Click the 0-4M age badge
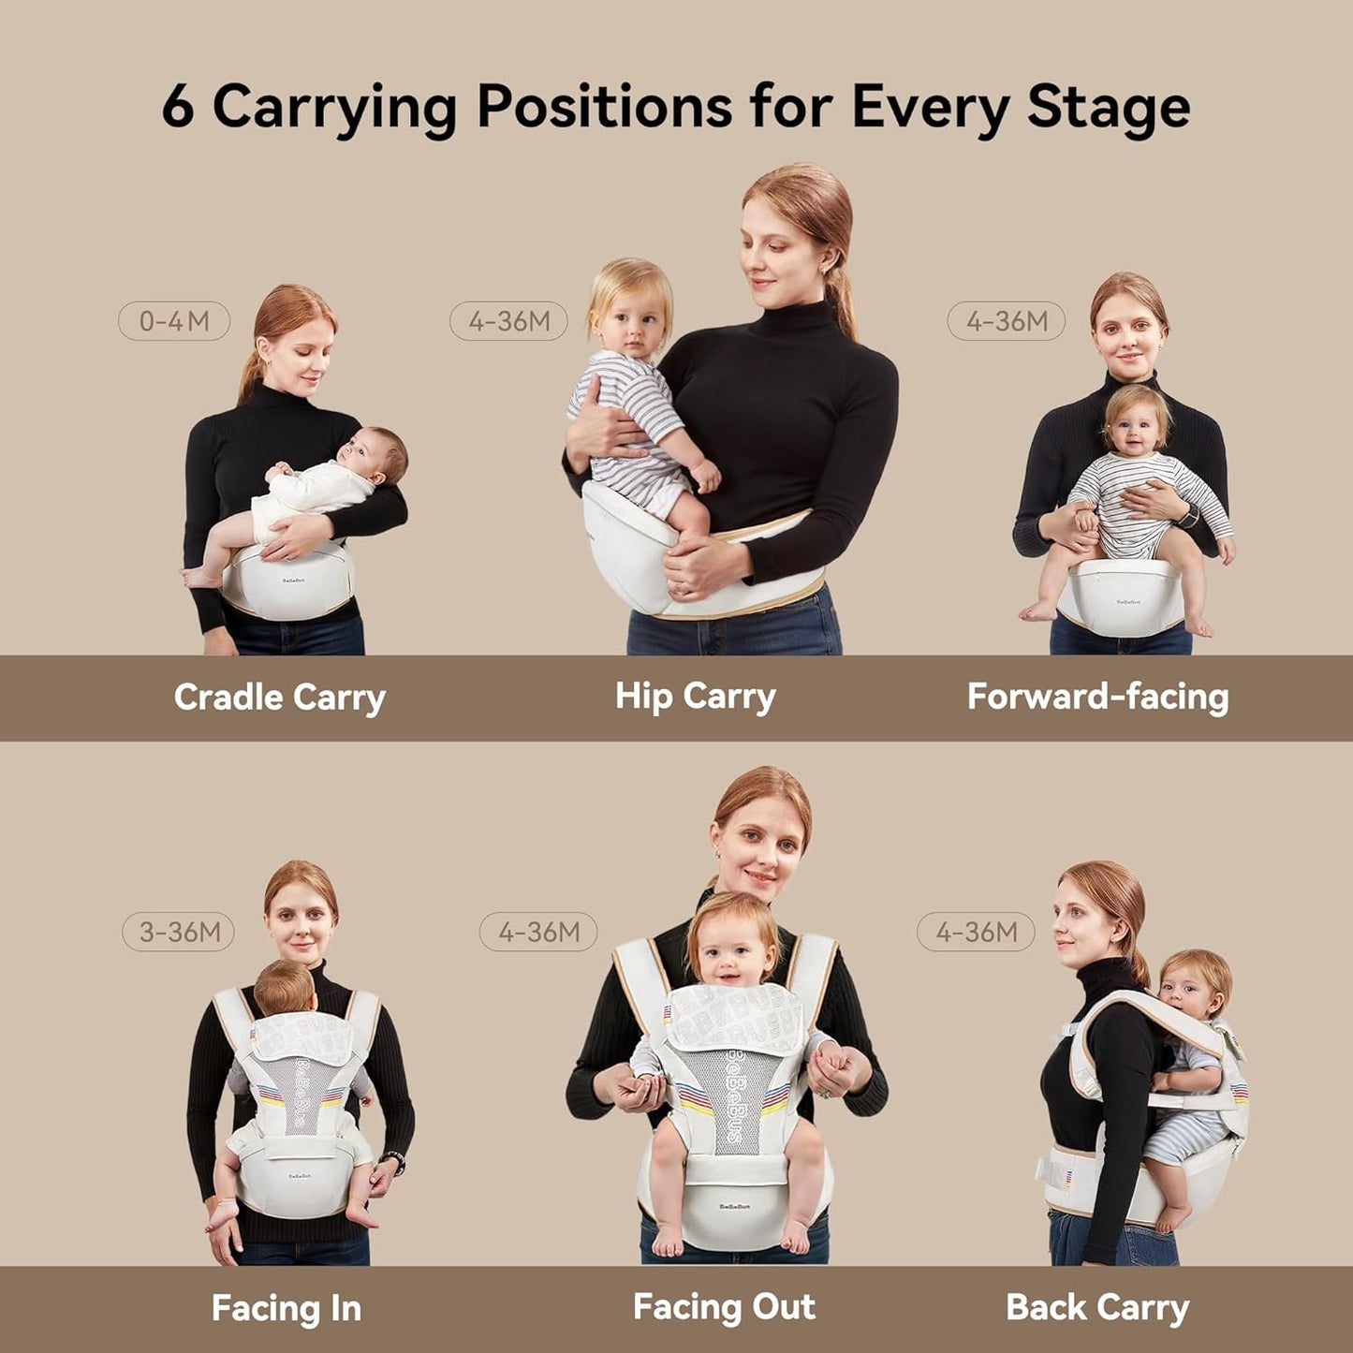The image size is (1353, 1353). [174, 321]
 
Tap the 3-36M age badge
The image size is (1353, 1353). [179, 932]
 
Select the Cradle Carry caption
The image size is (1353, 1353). [279, 698]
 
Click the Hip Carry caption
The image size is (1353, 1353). [695, 697]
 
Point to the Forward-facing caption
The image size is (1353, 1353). [1097, 697]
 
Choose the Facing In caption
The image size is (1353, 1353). [286, 1308]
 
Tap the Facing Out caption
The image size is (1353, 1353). [724, 1307]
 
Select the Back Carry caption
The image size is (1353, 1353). [1096, 1307]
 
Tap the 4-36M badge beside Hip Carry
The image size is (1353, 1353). [509, 321]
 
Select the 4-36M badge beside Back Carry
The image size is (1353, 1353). [976, 932]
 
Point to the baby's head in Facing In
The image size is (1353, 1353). [285, 988]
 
